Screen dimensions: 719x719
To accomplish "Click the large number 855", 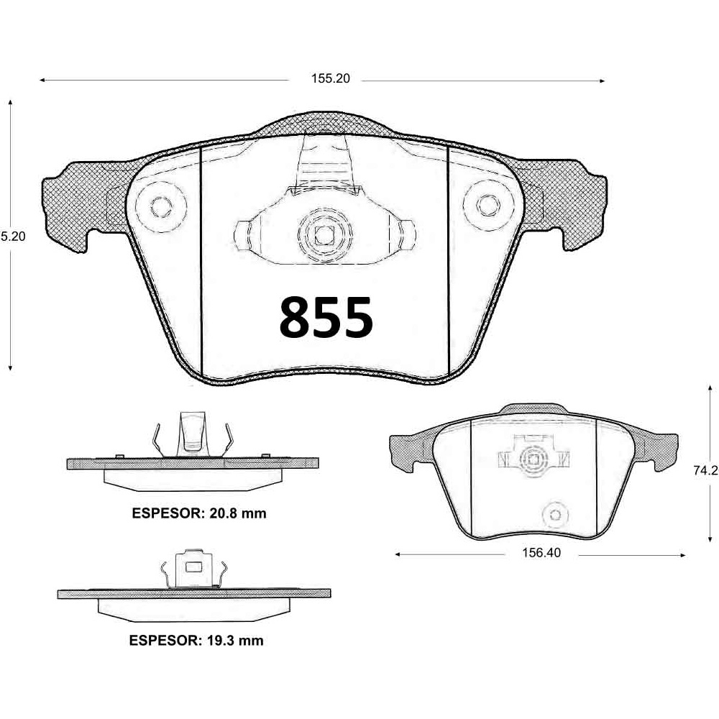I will click(326, 318).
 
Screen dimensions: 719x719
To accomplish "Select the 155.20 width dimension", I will click(330, 80).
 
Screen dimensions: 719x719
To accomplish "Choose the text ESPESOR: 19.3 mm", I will click(196, 640).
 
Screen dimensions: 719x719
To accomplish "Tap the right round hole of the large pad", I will click(487, 206).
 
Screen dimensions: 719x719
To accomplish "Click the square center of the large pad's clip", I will click(323, 234).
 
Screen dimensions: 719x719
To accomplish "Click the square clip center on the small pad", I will click(533, 457).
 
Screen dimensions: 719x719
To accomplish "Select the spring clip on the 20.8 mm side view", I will click(193, 434).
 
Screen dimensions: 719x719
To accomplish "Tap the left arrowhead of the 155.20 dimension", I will click(42, 80).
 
